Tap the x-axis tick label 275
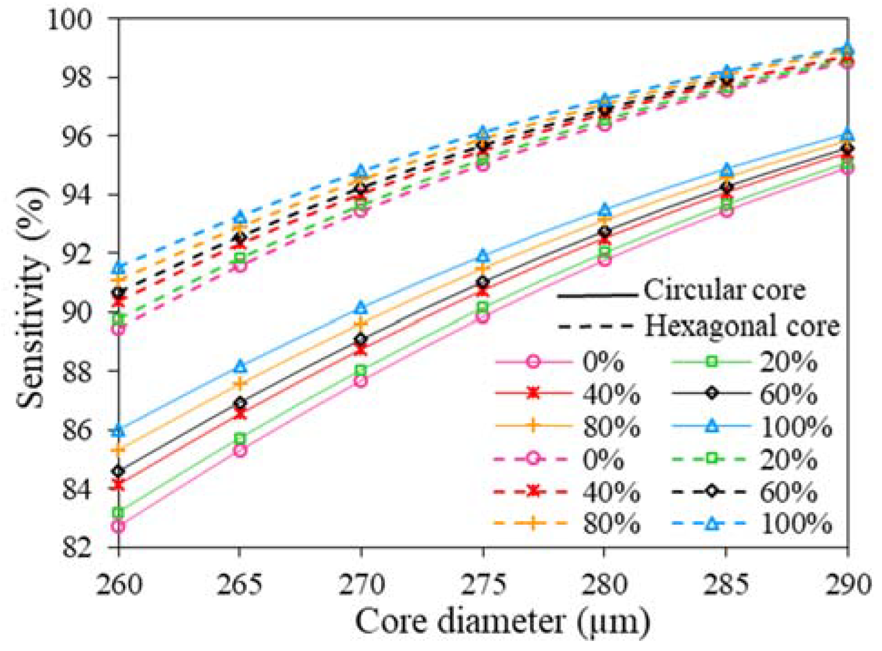coord(483,585)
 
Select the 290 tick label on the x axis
coord(847,585)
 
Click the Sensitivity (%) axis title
coord(32,297)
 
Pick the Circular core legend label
coord(724,290)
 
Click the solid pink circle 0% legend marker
coord(534,362)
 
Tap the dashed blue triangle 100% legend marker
coord(712,524)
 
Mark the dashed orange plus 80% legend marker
coord(534,524)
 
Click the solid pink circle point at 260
coord(119,527)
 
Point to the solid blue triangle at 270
coord(361,308)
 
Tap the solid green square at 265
coord(240,439)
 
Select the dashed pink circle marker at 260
coord(119,329)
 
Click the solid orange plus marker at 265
coord(240,384)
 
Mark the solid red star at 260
coord(119,485)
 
